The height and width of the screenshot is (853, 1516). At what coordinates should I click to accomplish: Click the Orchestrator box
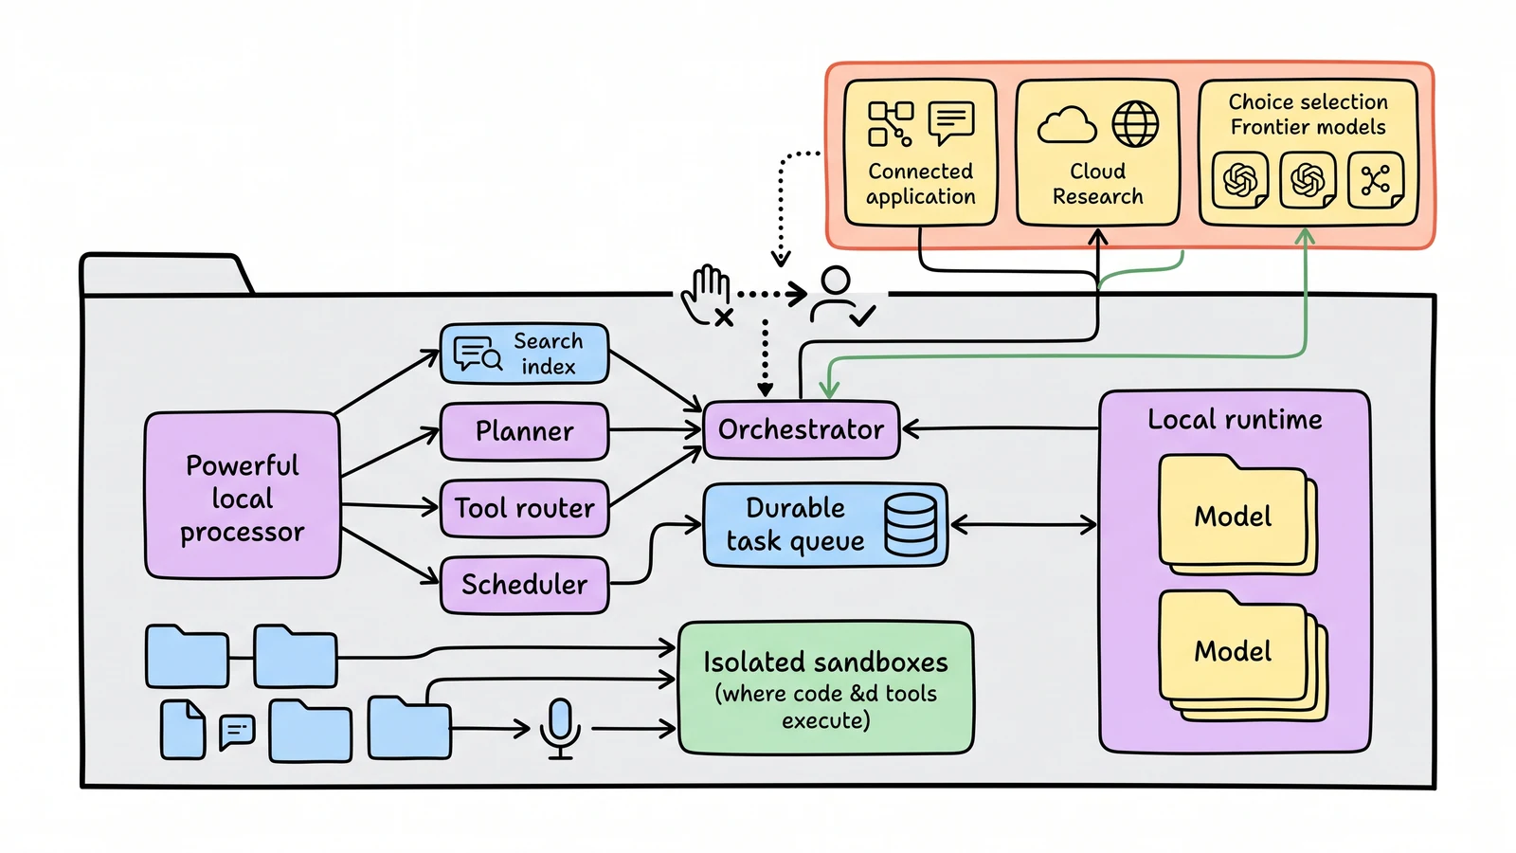pos(802,430)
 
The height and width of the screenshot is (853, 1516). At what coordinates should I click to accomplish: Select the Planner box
pos(525,431)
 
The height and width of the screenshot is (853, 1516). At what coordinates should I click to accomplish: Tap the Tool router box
pos(525,508)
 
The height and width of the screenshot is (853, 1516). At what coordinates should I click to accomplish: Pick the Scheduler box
pos(525,584)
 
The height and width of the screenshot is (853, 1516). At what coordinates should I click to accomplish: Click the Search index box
pos(525,354)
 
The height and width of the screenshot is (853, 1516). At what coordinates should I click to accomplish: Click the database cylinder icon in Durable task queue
pos(911,525)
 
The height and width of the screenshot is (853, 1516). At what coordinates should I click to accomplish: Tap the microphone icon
pos(560,729)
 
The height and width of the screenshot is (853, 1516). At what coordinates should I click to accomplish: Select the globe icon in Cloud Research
pos(1135,124)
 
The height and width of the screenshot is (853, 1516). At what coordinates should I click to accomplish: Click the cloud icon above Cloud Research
pos(1067,124)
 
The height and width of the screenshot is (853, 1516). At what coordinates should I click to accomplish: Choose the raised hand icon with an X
pos(707,296)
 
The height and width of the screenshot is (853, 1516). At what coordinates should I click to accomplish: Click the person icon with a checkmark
pos(841,297)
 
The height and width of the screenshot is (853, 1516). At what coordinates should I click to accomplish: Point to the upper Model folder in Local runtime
pos(1237,515)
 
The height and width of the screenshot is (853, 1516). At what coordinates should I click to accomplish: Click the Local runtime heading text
pos(1235,420)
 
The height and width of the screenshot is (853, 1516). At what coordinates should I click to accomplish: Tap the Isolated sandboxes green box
pos(825,688)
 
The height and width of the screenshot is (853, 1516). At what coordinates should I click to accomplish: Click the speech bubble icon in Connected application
pos(951,122)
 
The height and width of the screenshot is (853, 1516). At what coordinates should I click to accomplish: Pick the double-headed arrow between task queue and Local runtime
pos(1023,525)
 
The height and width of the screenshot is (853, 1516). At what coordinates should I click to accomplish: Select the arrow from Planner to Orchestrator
pos(655,430)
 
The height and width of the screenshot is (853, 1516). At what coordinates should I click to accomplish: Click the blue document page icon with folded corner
pos(183,729)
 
